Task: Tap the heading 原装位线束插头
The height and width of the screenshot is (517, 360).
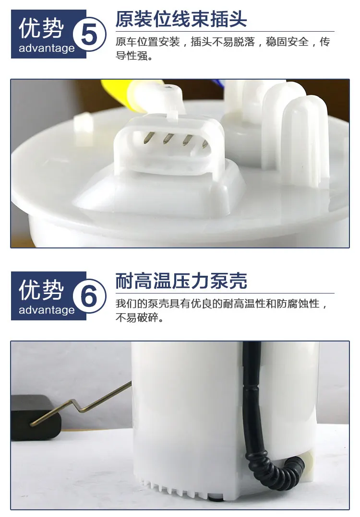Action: pyautogui.click(x=181, y=20)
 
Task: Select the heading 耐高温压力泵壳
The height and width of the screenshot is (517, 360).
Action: pyautogui.click(x=181, y=281)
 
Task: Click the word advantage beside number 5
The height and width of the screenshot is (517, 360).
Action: pyautogui.click(x=47, y=48)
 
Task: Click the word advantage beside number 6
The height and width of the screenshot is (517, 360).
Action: pyautogui.click(x=47, y=310)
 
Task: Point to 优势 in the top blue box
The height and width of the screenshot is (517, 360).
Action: pyautogui.click(x=42, y=29)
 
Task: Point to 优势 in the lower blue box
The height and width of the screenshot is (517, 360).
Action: pyautogui.click(x=42, y=290)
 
